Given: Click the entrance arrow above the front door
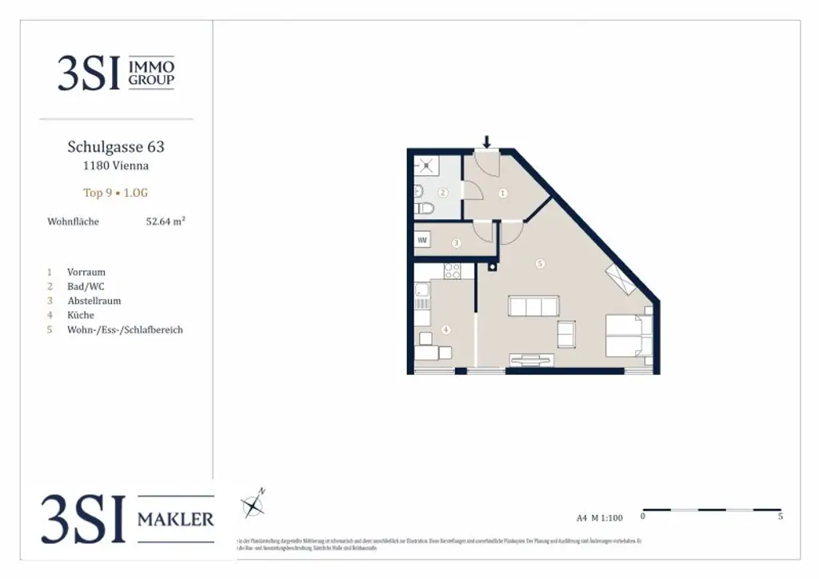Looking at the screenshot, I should pos(486,142).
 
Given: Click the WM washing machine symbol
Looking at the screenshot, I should pos(422,240).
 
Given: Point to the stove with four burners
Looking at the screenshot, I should pos(452,271).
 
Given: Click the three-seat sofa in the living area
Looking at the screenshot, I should pos(533,306).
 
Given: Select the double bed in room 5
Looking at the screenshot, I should pos(628,336).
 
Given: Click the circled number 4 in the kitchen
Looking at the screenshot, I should pos(445,329).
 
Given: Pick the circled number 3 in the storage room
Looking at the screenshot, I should pos(456,242).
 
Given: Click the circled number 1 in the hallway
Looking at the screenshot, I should pos(502,193).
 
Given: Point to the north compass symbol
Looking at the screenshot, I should pos(254,505).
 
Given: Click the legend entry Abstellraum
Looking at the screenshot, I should pos(94,301).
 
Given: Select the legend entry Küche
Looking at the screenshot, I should pos(81,315).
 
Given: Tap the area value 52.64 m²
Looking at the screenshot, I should pos(165,222).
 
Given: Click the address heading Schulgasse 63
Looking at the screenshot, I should pos(116,147).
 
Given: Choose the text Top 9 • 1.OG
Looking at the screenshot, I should pos(116,193).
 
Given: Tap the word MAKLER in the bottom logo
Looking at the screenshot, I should pos(176,520).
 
